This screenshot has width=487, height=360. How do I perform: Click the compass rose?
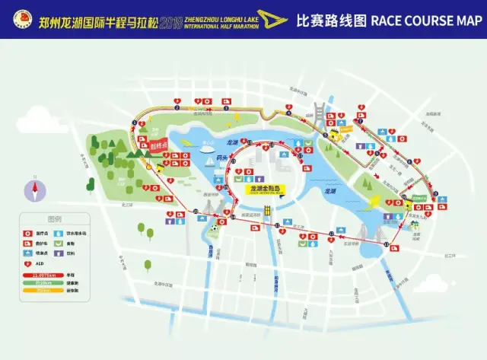33,188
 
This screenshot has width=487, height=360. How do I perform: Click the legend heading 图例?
53,216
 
